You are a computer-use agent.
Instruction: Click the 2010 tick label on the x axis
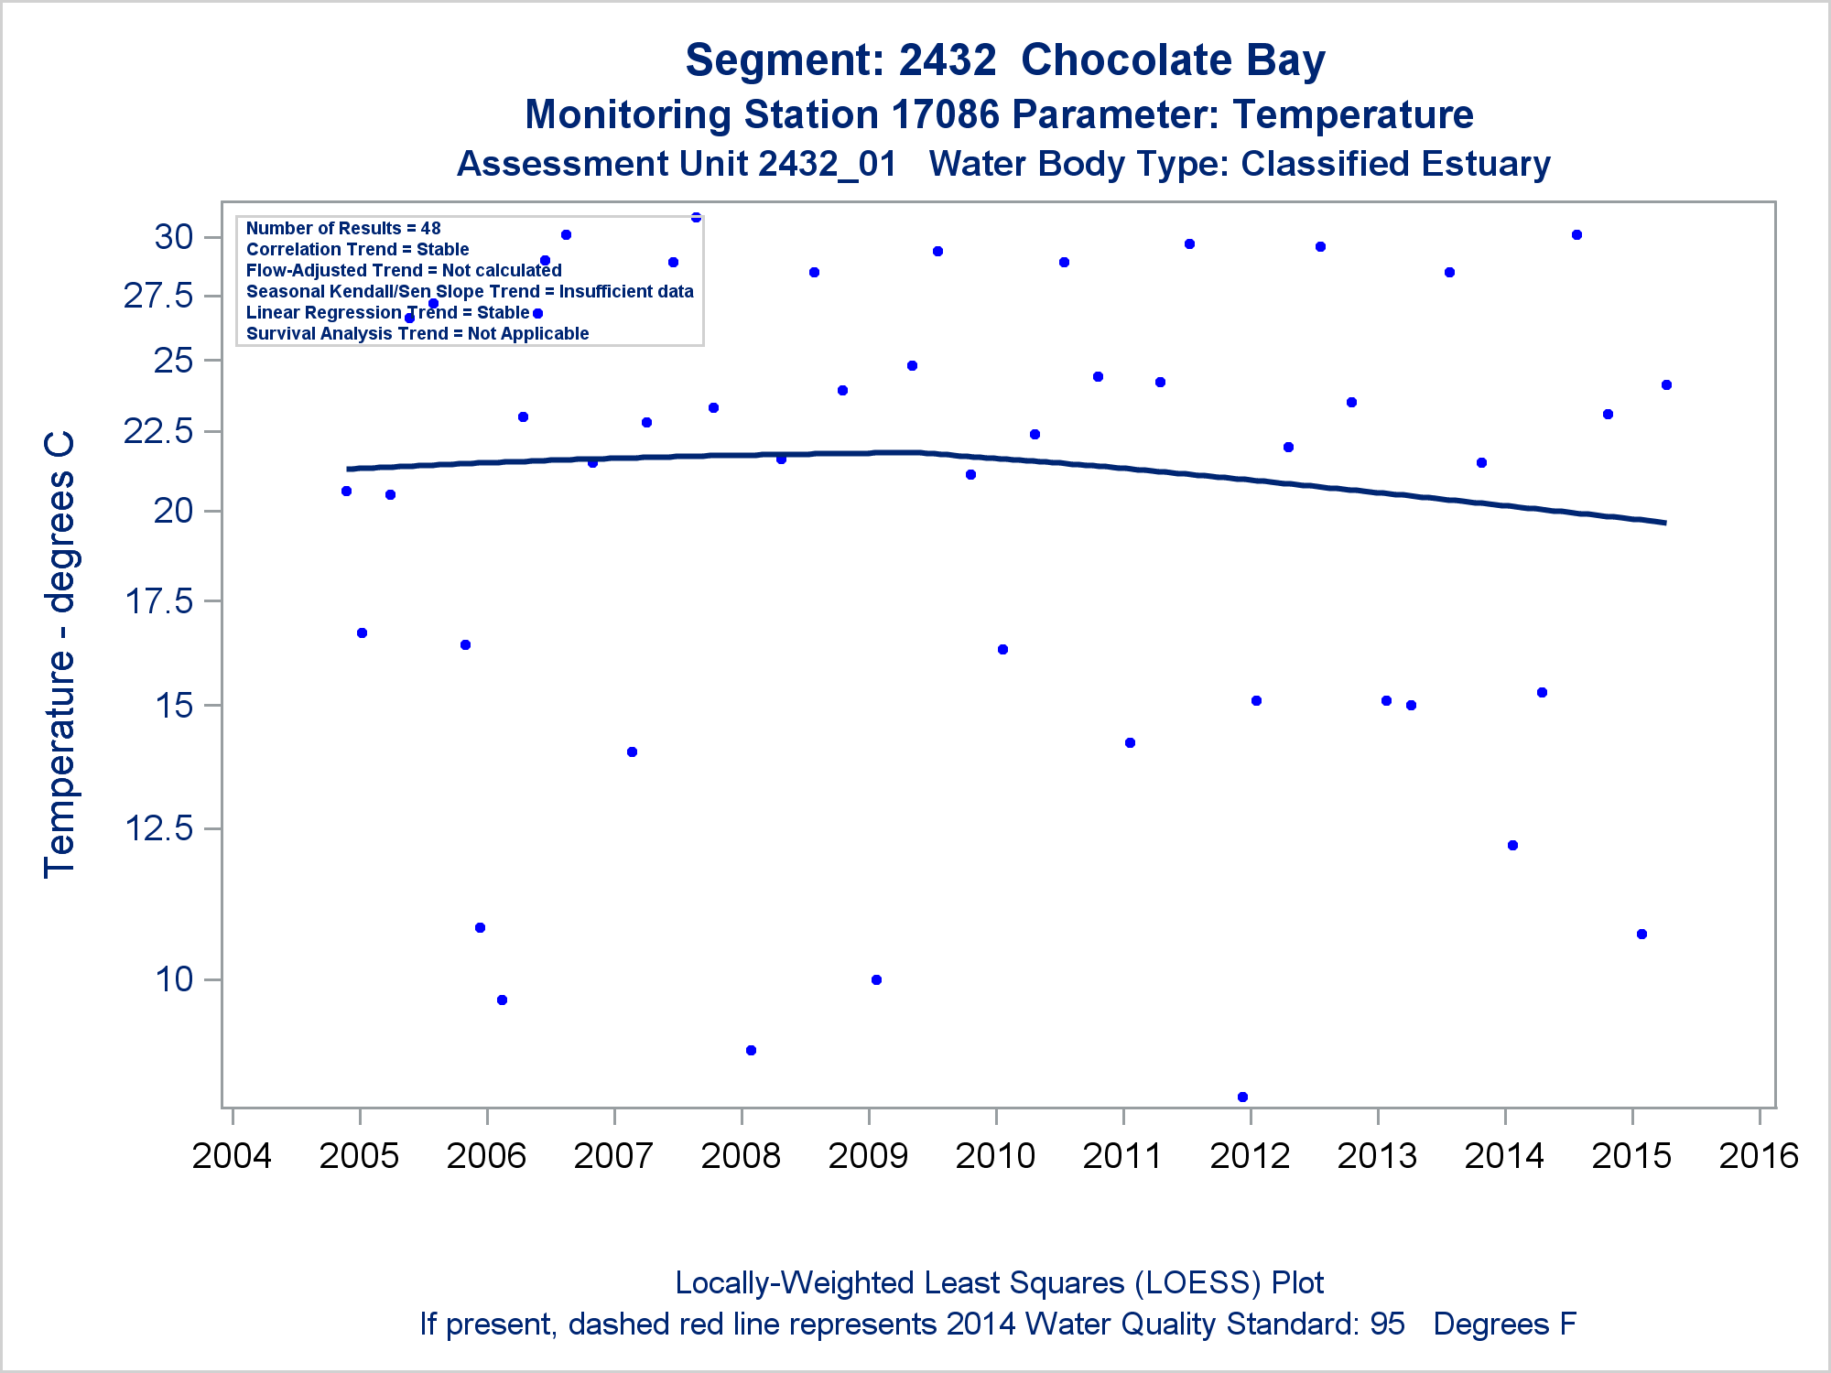(x=995, y=1156)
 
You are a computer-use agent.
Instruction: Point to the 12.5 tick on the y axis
(x=159, y=828)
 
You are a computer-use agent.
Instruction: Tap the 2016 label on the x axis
(x=1759, y=1156)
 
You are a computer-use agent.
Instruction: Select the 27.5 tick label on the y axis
(x=159, y=296)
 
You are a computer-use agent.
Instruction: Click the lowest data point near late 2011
(x=1242, y=1097)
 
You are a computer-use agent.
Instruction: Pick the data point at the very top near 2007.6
(x=696, y=217)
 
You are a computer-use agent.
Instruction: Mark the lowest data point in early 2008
(x=751, y=1050)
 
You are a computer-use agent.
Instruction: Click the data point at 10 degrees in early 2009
(x=876, y=979)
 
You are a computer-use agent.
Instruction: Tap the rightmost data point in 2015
(x=1666, y=384)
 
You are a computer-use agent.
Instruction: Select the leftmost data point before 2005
(x=346, y=491)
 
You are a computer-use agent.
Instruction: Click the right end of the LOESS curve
(x=1664, y=523)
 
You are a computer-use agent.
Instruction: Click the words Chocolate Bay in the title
(x=1173, y=60)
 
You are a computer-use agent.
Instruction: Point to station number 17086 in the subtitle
(x=945, y=115)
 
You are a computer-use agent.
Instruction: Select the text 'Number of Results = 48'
(x=343, y=228)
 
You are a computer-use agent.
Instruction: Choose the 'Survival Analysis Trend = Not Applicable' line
(x=417, y=333)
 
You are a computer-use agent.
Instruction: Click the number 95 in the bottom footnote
(x=1387, y=1324)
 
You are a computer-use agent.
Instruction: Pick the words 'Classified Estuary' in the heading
(x=1395, y=165)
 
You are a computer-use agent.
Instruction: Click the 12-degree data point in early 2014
(x=1512, y=845)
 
